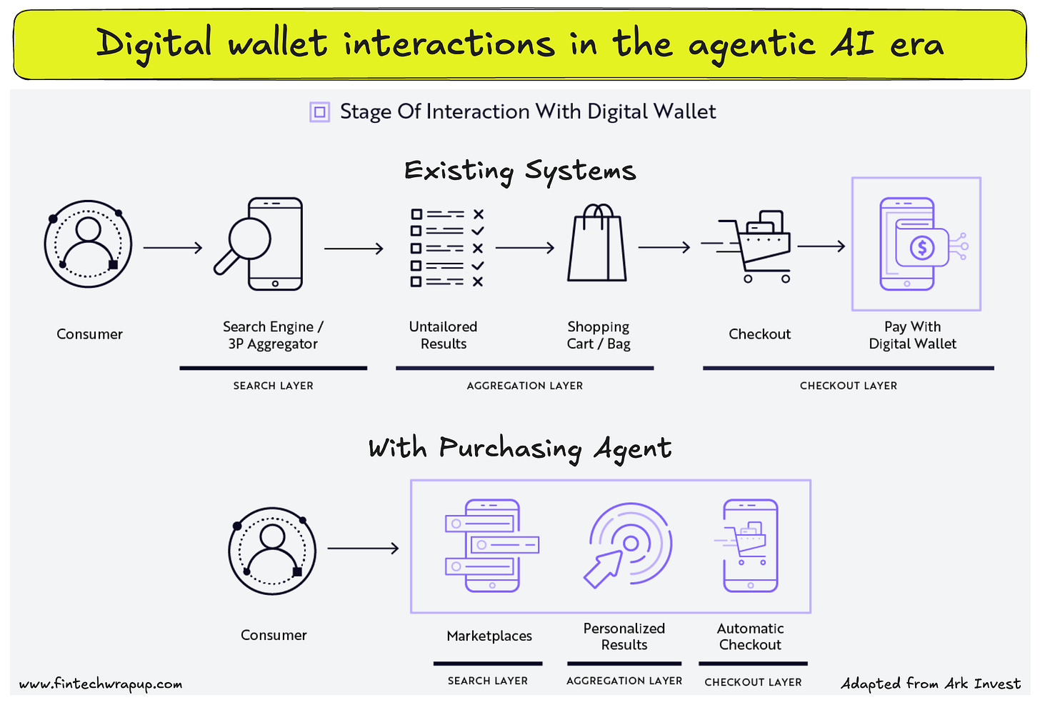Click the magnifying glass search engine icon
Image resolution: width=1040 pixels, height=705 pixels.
coord(259,245)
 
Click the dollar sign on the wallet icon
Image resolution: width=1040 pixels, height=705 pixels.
coord(921,248)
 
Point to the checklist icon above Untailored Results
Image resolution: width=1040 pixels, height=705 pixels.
coord(447,248)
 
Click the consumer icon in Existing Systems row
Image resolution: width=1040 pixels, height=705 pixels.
coord(89,244)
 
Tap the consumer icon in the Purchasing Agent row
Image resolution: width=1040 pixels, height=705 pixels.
coord(272,551)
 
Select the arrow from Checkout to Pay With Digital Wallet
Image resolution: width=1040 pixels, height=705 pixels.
coord(821,246)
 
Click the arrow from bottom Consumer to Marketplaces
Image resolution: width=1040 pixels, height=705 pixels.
coord(363,549)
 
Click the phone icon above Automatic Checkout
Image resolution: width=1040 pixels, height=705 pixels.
coord(749,546)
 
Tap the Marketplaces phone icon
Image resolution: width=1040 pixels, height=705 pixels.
coord(491,546)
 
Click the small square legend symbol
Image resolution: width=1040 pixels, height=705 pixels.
coord(319,112)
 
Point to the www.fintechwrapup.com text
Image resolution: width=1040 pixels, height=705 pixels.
coord(101,684)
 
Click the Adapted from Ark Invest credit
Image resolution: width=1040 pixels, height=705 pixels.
coord(931,684)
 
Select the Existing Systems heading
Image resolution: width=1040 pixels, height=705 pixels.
coord(519,171)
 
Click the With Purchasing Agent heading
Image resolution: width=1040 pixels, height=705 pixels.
coord(519,449)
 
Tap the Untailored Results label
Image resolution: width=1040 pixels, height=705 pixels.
coord(443,335)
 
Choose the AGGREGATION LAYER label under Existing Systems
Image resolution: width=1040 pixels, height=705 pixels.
coord(524,386)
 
